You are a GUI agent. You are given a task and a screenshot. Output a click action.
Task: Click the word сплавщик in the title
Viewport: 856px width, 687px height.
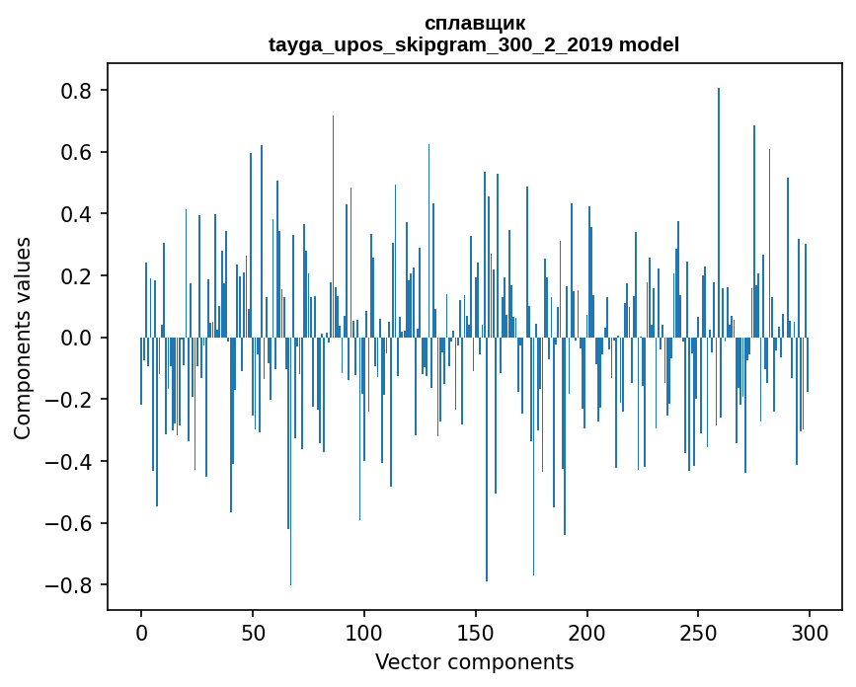pos(474,23)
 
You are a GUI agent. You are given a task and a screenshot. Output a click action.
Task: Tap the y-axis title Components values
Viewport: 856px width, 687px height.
pos(23,338)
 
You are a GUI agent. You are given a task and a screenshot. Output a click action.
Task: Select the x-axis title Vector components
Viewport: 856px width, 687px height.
pos(474,661)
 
